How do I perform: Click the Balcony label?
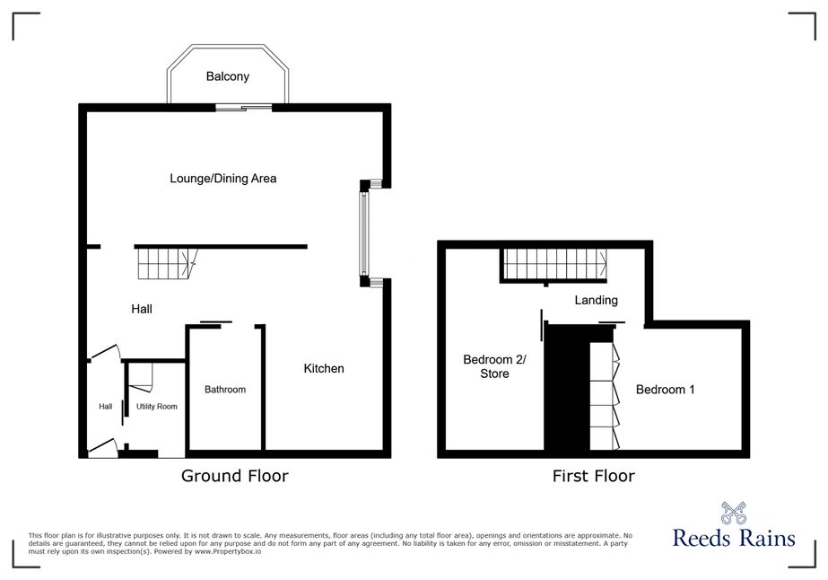tap(228, 76)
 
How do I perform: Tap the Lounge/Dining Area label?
tap(222, 178)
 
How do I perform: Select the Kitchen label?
tap(324, 368)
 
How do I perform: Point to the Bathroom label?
tap(225, 390)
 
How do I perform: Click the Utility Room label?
tap(157, 407)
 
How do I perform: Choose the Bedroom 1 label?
tap(665, 390)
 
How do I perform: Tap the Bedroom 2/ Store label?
tap(494, 366)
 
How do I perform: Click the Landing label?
tap(597, 300)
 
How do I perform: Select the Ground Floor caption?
tap(234, 476)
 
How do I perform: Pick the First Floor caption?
tap(594, 476)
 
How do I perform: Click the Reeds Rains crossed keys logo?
tap(734, 513)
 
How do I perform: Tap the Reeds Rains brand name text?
tap(734, 538)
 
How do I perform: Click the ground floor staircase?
tap(167, 264)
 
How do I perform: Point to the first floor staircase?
tap(555, 264)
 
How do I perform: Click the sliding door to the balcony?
tap(243, 108)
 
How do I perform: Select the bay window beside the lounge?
tap(364, 233)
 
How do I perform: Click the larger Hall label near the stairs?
tap(142, 309)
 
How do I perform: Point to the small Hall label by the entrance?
tap(106, 407)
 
